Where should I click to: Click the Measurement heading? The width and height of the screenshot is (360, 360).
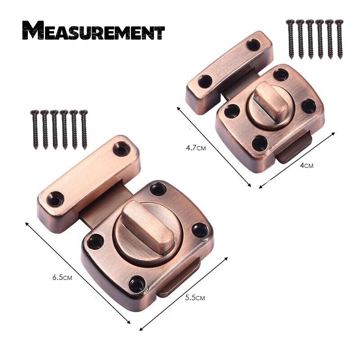(x=94, y=31)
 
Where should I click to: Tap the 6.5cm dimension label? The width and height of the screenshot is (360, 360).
(x=62, y=277)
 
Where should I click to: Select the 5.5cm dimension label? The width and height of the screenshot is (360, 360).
(x=195, y=297)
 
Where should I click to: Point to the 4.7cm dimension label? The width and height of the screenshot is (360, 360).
(x=196, y=148)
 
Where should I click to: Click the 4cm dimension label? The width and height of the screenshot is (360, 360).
(x=306, y=165)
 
